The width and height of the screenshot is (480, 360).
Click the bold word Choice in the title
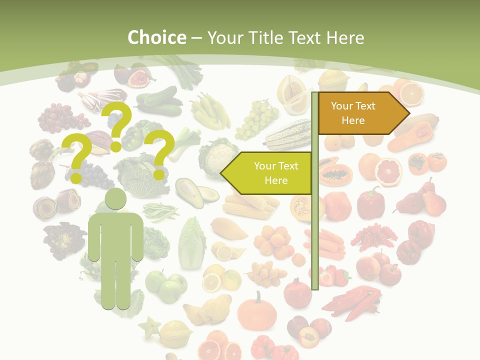point(156,37)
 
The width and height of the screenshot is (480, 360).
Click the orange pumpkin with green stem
point(256,312)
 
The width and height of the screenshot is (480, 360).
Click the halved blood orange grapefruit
point(388,171)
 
